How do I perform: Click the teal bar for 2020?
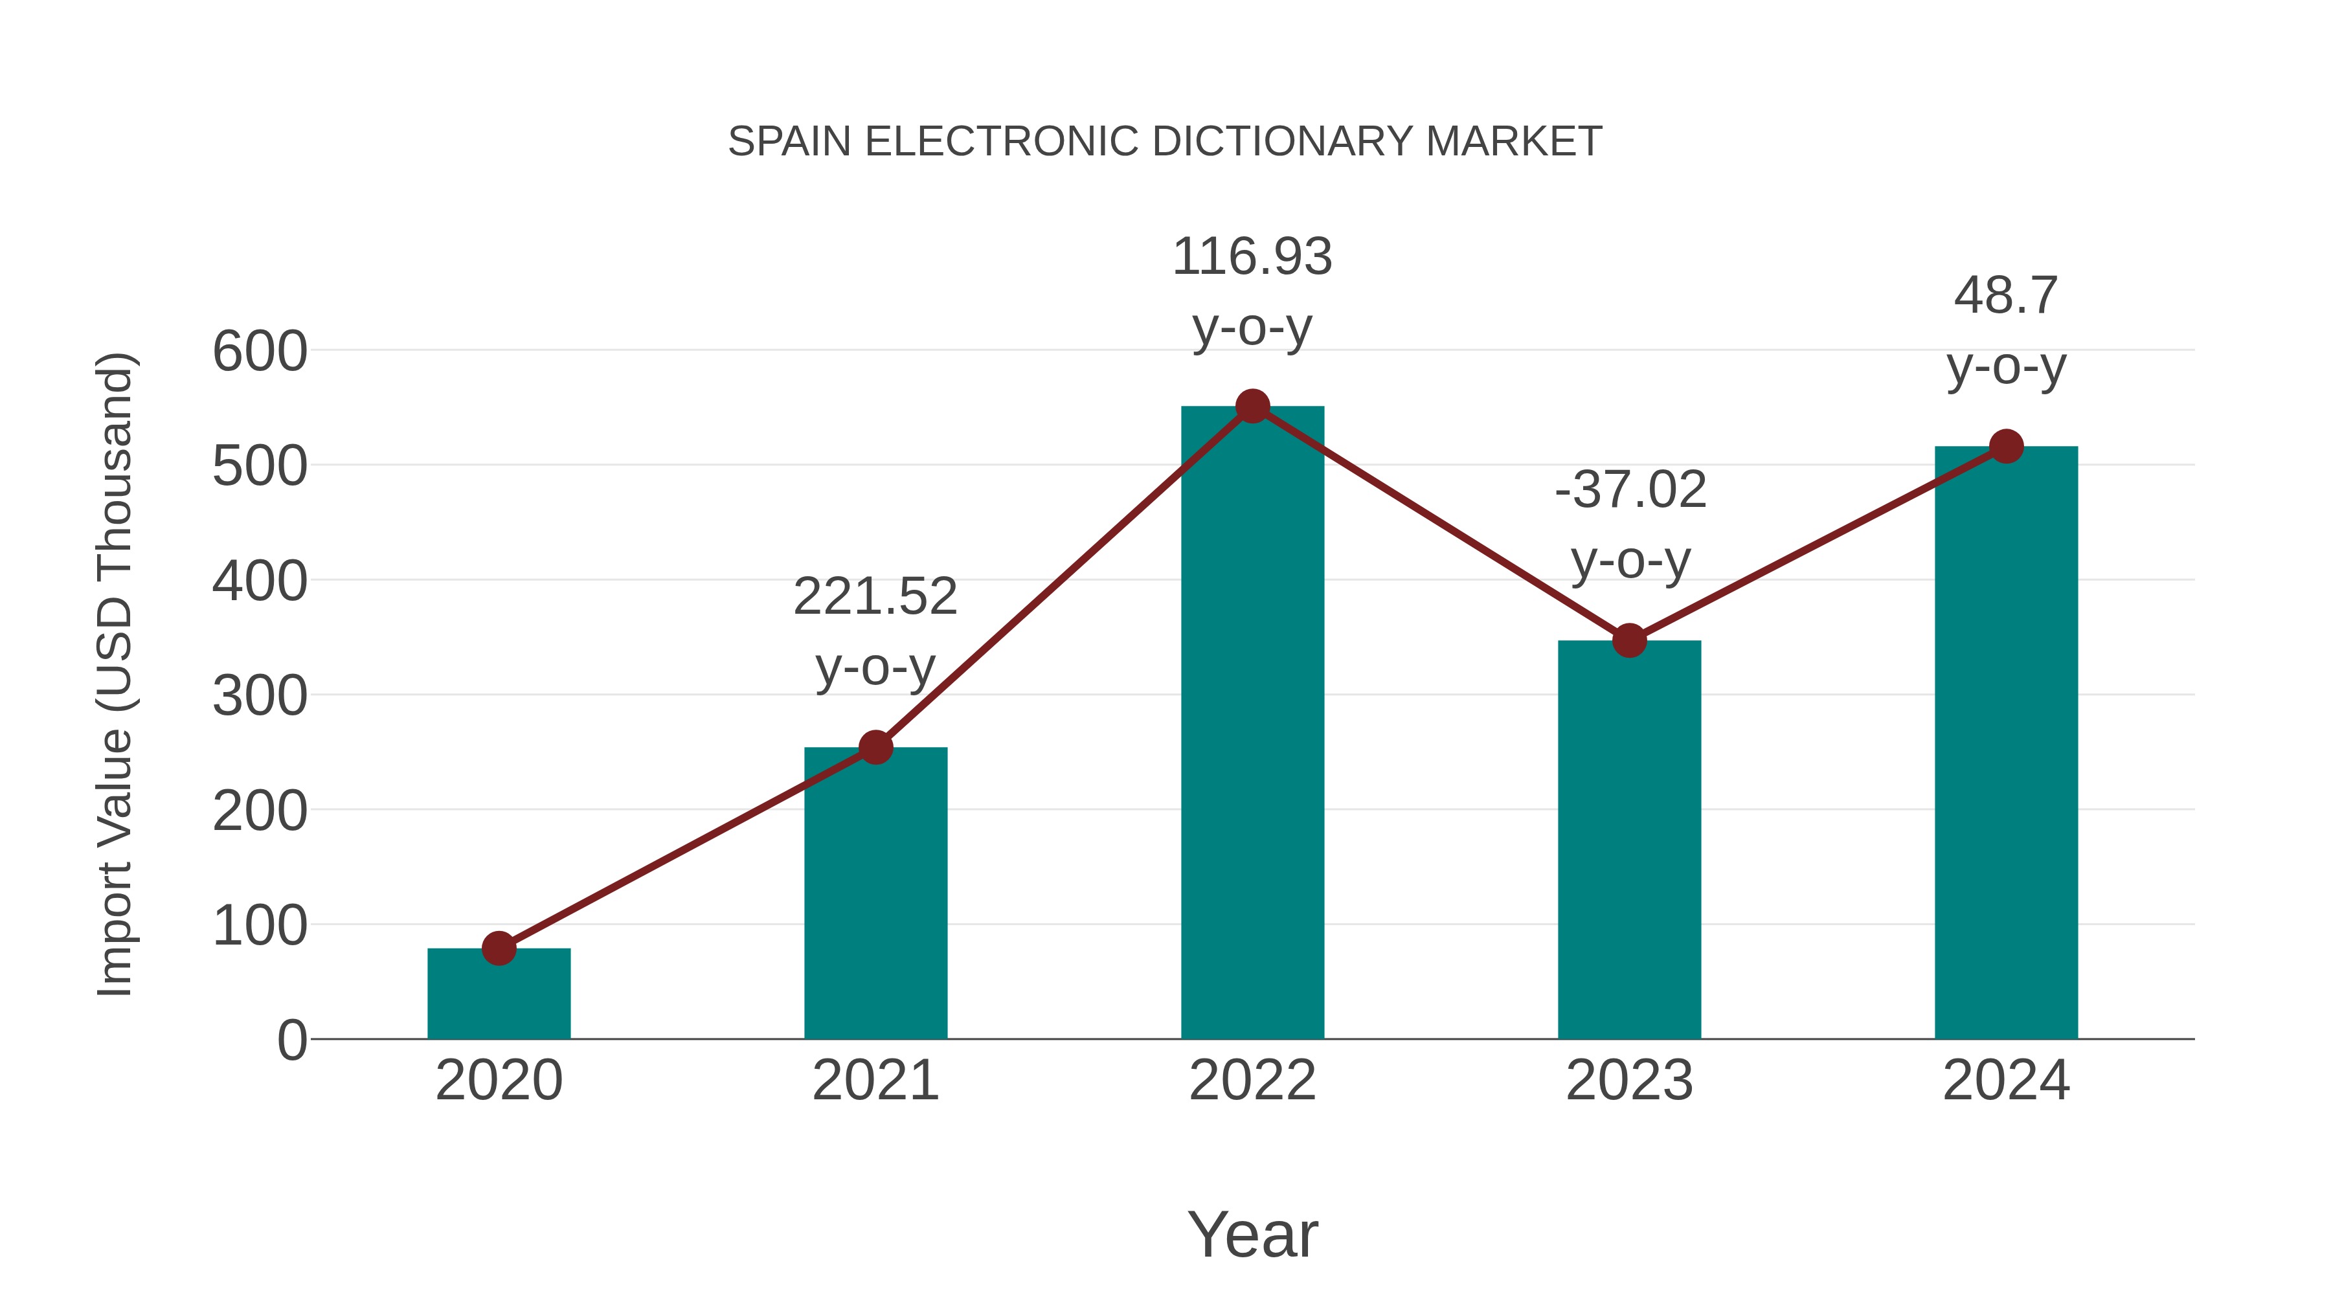[x=499, y=995]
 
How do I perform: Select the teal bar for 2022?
[x=1252, y=724]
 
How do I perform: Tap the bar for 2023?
[x=1629, y=842]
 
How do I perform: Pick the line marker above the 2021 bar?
[x=875, y=747]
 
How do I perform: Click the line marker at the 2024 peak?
[x=2006, y=446]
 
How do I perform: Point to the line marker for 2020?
[x=499, y=948]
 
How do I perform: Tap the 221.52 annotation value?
[x=875, y=597]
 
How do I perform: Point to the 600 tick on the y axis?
[x=260, y=352]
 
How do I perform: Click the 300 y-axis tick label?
[x=260, y=697]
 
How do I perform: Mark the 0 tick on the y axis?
[x=291, y=1040]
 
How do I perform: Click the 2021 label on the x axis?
[x=875, y=1081]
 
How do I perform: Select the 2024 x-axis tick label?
[x=2006, y=1081]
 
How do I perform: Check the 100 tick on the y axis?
[x=260, y=926]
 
